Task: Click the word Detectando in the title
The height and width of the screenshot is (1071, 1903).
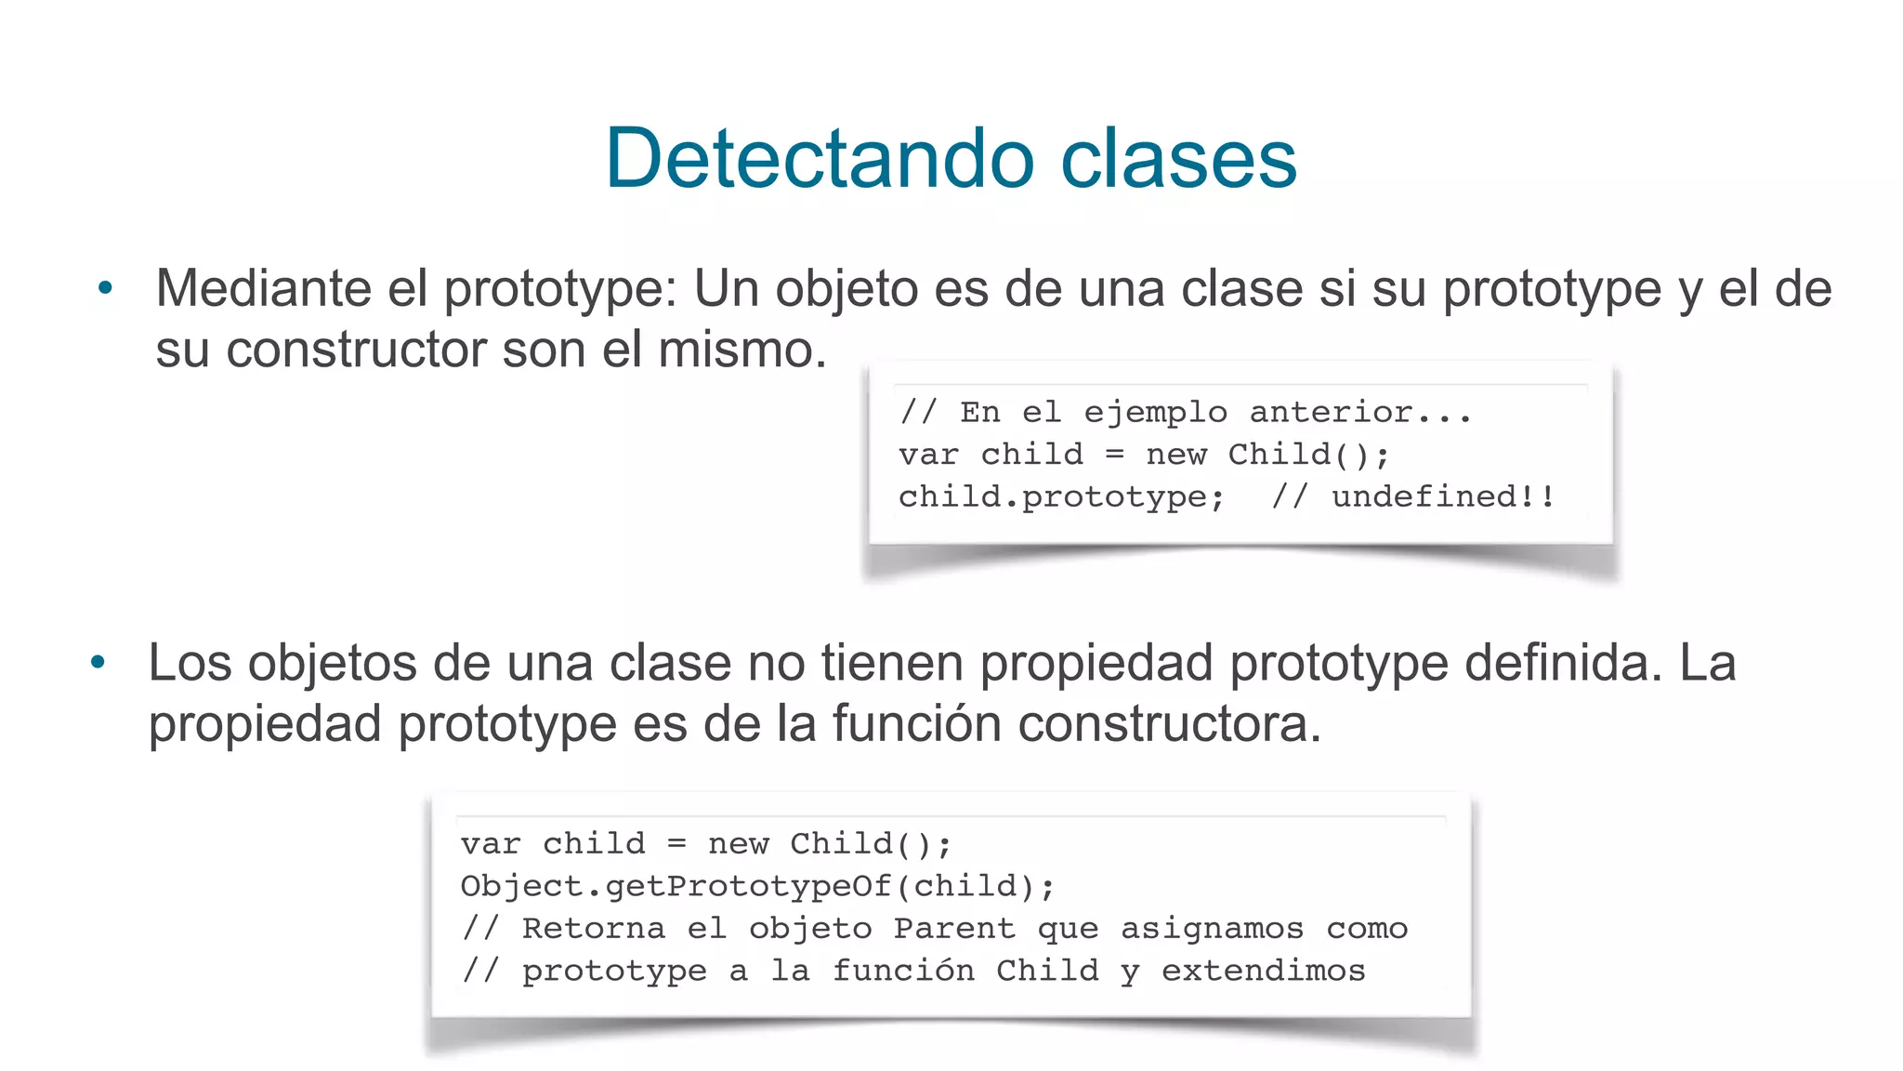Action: point(820,158)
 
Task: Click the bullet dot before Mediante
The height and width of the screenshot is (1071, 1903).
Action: point(105,288)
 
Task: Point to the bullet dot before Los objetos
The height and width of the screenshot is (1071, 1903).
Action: point(98,663)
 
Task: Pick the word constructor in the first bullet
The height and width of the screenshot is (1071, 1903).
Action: point(356,350)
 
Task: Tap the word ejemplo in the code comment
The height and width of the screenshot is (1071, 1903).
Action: point(1155,412)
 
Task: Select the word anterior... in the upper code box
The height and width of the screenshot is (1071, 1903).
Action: point(1360,412)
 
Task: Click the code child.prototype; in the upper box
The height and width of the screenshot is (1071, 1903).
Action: point(1061,497)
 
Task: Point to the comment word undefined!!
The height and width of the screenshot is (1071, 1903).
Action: point(1443,497)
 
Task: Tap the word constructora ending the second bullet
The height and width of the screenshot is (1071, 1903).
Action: point(1169,724)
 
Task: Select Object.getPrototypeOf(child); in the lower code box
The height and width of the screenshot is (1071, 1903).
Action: point(757,886)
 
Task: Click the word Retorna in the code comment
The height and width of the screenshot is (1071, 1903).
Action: point(593,928)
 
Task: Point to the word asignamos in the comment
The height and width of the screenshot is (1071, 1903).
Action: point(1212,928)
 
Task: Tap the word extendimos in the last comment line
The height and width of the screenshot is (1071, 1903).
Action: point(1263,971)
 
